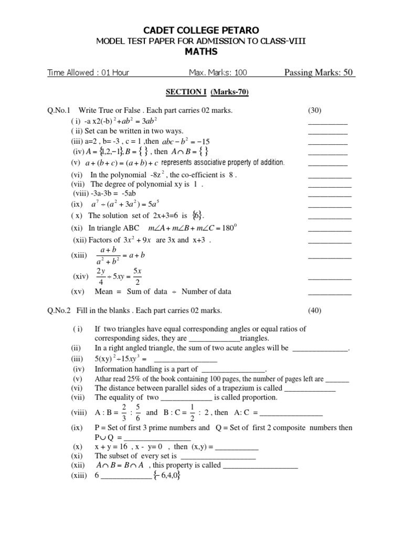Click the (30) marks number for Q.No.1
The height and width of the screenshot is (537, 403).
coord(314,111)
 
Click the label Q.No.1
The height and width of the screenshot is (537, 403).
coord(59,111)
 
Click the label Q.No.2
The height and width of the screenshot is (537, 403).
coord(59,310)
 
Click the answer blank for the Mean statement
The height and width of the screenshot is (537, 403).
coord(330,292)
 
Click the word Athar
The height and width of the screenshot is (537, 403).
coord(103,379)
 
